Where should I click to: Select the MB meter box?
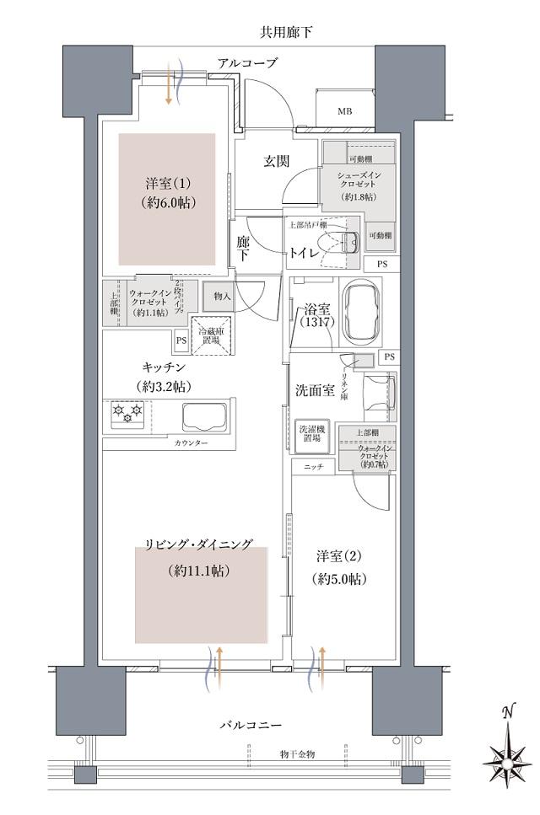(x=345, y=110)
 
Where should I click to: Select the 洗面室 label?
(x=315, y=391)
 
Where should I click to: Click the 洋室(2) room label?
(x=341, y=567)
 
